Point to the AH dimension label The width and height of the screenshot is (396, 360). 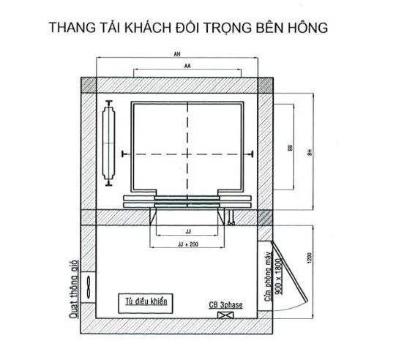(177, 54)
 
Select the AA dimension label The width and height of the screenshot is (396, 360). (187, 66)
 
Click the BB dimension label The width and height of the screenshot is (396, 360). (290, 148)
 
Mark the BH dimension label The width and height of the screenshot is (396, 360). (310, 152)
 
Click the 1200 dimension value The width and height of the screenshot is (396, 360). (310, 258)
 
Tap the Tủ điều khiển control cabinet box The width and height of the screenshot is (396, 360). (146, 304)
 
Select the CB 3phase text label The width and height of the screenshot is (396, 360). (225, 305)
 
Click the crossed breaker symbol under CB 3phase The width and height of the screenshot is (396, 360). (225, 315)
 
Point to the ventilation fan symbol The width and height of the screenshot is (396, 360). (88, 287)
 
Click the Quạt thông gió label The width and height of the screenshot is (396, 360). (73, 289)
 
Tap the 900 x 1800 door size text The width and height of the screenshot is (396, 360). (278, 277)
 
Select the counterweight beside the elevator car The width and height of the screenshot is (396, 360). (109, 143)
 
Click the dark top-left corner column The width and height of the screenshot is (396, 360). (89, 85)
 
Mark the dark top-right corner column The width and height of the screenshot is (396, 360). (265, 85)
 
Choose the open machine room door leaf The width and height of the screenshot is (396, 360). (289, 271)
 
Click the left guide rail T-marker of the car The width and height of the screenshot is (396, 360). (123, 154)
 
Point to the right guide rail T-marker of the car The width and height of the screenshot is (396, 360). (251, 154)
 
